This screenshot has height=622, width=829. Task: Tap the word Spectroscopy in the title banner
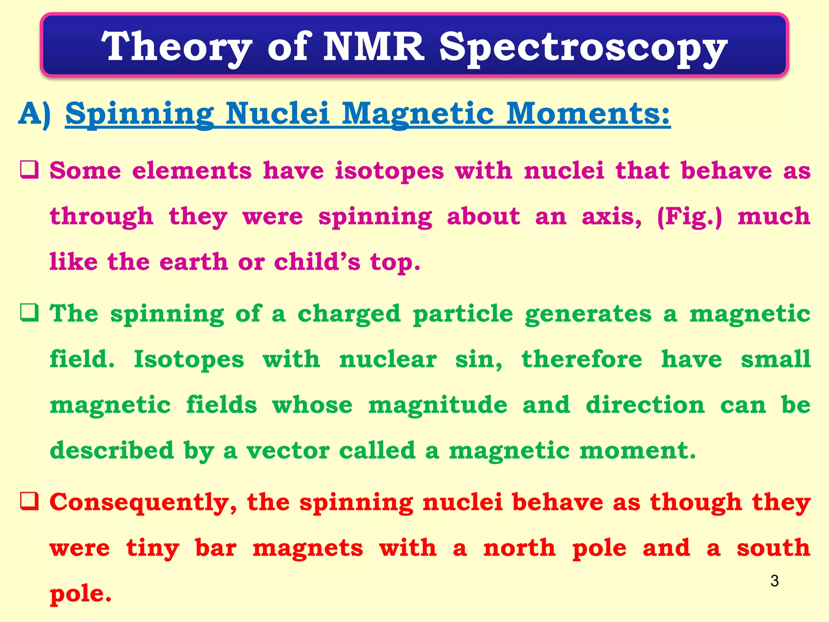[x=583, y=49]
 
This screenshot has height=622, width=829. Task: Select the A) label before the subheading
[x=35, y=114]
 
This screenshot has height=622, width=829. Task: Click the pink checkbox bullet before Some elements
[x=30, y=170]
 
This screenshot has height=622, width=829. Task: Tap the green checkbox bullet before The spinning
[x=30, y=313]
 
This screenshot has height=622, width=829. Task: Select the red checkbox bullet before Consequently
[x=30, y=501]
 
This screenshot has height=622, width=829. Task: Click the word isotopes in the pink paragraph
[x=389, y=171]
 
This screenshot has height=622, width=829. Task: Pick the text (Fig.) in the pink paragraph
[x=689, y=217]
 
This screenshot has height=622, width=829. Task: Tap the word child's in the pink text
[x=317, y=262]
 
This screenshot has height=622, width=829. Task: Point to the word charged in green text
[x=349, y=314]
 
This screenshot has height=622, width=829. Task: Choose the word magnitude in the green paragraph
[x=437, y=405]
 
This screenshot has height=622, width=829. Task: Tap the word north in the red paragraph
[x=519, y=548]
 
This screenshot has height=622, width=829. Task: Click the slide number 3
[x=774, y=581]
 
